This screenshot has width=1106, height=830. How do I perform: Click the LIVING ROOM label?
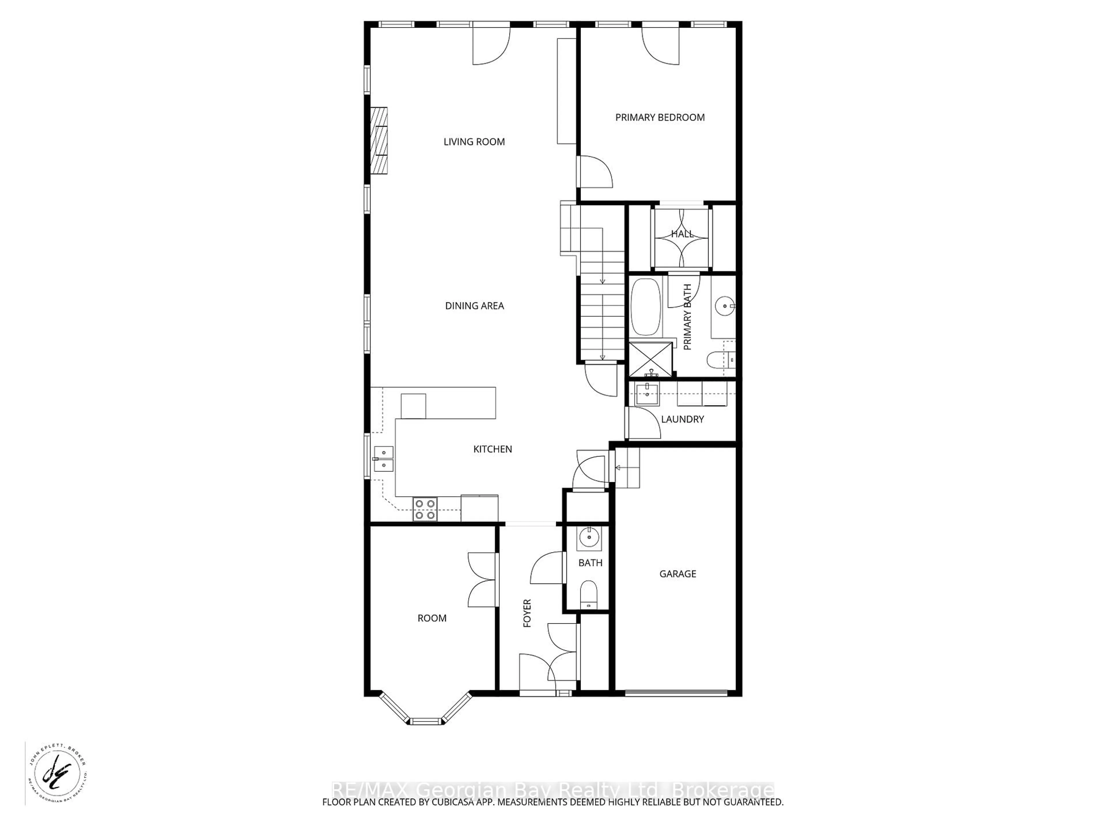[x=474, y=142]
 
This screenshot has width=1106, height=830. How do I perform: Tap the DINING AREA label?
[x=474, y=306]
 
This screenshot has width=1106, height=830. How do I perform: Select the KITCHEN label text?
[x=493, y=449]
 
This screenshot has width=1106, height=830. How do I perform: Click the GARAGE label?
[x=677, y=574]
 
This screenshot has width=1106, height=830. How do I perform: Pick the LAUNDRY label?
[x=682, y=419]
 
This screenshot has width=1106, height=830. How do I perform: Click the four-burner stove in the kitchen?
[x=425, y=509]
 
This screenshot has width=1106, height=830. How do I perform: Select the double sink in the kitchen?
[x=384, y=459]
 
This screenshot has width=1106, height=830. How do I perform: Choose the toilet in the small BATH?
[x=588, y=594]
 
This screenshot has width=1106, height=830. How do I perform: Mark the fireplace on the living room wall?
[x=378, y=141]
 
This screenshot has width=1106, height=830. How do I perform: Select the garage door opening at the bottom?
[x=676, y=693]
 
